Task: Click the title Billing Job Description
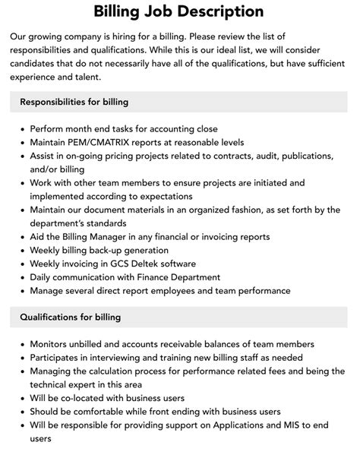(179, 11)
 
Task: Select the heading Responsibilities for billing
(74, 101)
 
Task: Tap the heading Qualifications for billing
(71, 317)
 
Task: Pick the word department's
(60, 223)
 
